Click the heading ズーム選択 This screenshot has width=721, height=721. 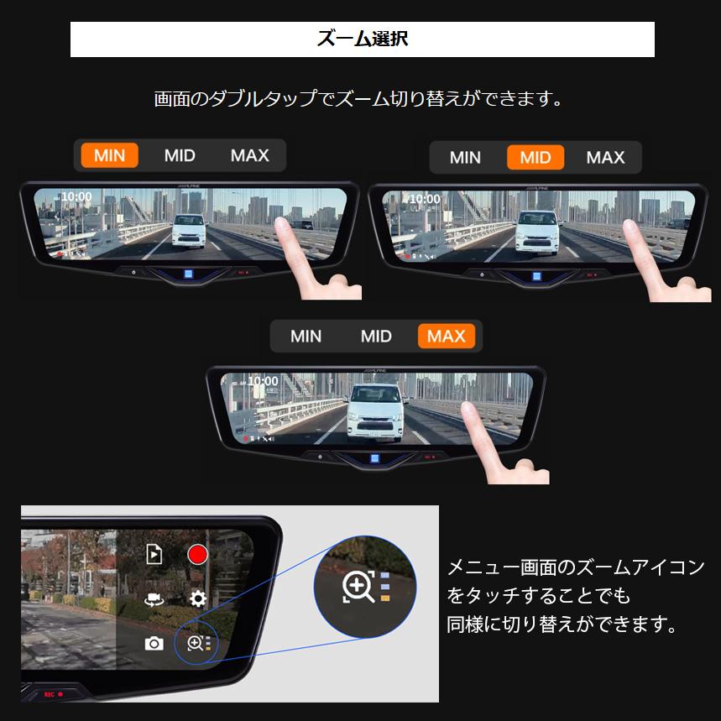click(362, 39)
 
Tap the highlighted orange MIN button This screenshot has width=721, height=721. click(109, 155)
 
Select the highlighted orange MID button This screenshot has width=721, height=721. click(536, 157)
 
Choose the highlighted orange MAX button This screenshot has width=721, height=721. click(446, 336)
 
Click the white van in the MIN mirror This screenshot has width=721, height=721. click(189, 229)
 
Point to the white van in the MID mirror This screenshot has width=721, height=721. click(538, 229)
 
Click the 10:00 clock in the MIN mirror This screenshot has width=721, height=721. click(76, 196)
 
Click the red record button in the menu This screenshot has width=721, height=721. click(197, 555)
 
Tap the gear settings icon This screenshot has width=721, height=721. click(198, 598)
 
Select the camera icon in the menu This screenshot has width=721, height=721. click(154, 643)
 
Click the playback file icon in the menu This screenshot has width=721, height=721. click(154, 554)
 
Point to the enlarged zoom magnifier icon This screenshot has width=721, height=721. click(358, 587)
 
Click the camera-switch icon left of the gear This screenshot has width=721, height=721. click(154, 599)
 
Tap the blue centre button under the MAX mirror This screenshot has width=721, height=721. click(375, 458)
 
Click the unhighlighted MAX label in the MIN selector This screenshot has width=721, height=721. click(249, 155)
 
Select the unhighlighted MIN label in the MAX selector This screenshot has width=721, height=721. click(306, 336)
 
